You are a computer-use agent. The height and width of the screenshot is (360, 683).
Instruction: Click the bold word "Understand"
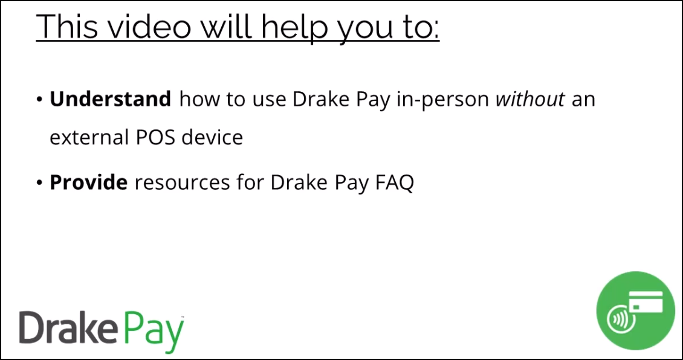click(x=110, y=99)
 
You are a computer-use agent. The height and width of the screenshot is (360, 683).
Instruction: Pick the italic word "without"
click(x=531, y=99)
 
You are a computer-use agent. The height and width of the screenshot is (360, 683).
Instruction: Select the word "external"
click(x=86, y=137)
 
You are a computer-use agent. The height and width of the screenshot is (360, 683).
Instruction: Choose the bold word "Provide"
click(x=88, y=183)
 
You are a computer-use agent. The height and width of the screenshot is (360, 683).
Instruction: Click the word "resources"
click(x=182, y=183)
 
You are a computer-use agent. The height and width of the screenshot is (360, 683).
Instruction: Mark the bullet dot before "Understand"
click(x=40, y=100)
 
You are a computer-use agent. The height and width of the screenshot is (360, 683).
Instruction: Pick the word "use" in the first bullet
click(x=272, y=101)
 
